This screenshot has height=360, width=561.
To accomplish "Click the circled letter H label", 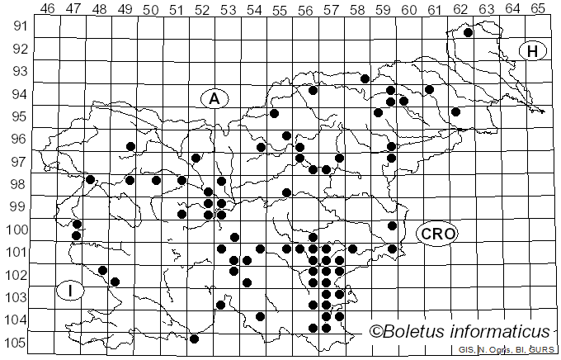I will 533,51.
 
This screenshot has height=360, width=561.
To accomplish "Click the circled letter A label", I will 214,98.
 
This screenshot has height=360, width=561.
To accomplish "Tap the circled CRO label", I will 436,234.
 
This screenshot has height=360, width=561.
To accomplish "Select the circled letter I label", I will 71,290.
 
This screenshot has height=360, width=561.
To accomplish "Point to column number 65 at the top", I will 538,9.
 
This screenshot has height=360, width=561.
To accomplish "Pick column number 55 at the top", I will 280,9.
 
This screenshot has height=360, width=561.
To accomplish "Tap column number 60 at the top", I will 409,9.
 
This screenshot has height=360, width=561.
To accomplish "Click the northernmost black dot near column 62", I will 468,33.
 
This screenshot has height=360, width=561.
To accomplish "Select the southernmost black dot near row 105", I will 194,339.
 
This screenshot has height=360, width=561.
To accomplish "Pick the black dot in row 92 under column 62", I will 468,33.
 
